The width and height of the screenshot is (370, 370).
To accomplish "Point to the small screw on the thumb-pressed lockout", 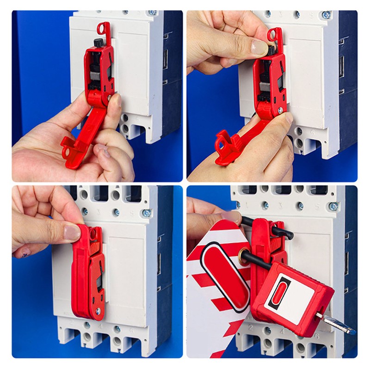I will tap(98, 312).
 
